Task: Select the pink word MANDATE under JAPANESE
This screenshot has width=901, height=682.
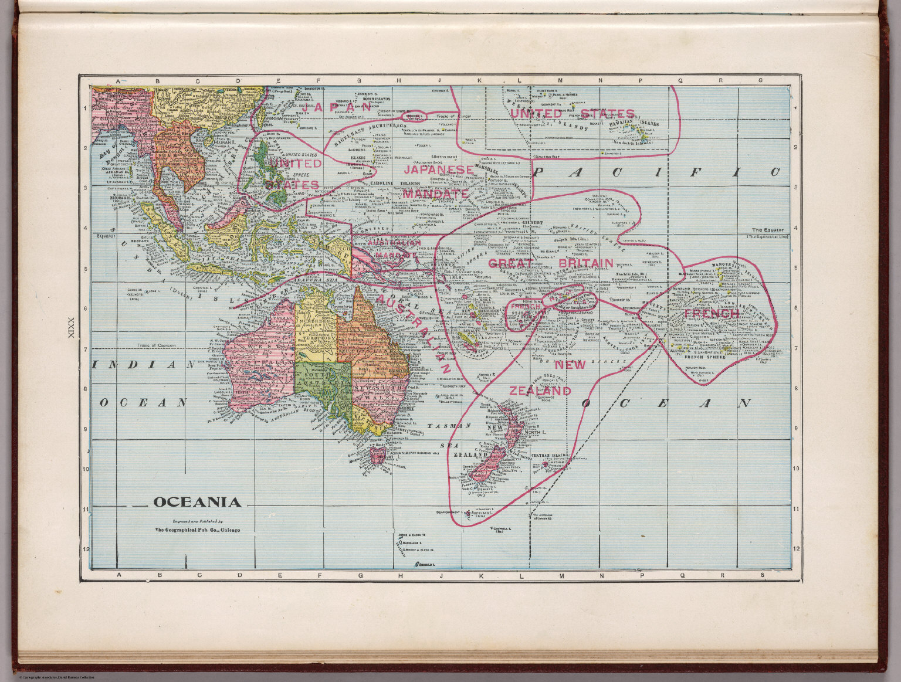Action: pyautogui.click(x=435, y=194)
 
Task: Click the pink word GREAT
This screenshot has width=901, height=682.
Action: pyautogui.click(x=509, y=263)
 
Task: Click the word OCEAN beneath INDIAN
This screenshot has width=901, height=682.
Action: pyautogui.click(x=143, y=403)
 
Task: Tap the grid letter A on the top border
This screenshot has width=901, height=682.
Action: pyautogui.click(x=118, y=82)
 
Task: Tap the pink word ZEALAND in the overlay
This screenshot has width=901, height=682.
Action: pyautogui.click(x=540, y=391)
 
